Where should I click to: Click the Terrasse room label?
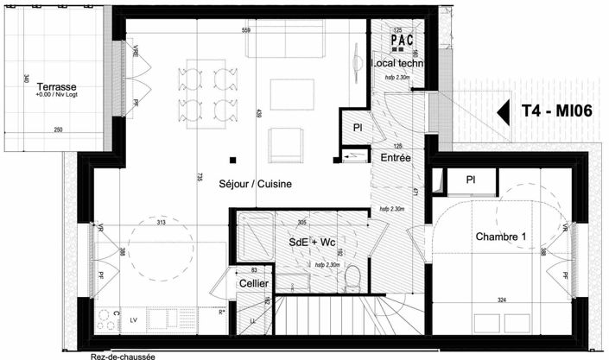[x=58, y=87]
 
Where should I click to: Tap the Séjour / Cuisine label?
[x=255, y=184]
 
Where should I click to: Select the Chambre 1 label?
[x=502, y=237]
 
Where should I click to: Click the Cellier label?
[x=253, y=283]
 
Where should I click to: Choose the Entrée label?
[x=396, y=158]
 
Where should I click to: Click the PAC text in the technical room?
[x=403, y=40]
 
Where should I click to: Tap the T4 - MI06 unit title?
[x=556, y=111]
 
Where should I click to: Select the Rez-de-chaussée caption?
[x=124, y=355]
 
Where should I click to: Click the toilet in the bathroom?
[x=352, y=277]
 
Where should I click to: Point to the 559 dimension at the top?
[x=246, y=31]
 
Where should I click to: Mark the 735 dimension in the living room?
[x=199, y=177]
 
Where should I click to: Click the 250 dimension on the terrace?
[x=59, y=130]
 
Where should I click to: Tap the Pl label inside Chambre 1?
[x=471, y=180]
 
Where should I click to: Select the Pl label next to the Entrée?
[x=358, y=128]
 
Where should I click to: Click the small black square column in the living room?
[x=232, y=159]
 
